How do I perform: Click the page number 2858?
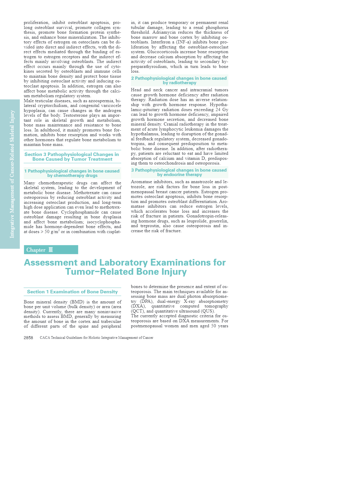pyautogui.click(x=28, y=338)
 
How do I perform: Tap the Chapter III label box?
pyautogui.click(x=51, y=250)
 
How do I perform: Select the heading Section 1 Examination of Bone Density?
pyautogui.click(x=72, y=292)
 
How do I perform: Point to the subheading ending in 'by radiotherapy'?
pyautogui.click(x=179, y=81)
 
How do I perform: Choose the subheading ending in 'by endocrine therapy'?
pyautogui.click(x=179, y=173)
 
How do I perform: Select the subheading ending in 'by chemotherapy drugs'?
pyautogui.click(x=72, y=173)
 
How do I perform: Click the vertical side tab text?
pyautogui.click(x=12, y=174)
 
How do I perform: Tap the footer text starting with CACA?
pyautogui.click(x=96, y=338)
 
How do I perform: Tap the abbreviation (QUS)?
pyautogui.click(x=208, y=311)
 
